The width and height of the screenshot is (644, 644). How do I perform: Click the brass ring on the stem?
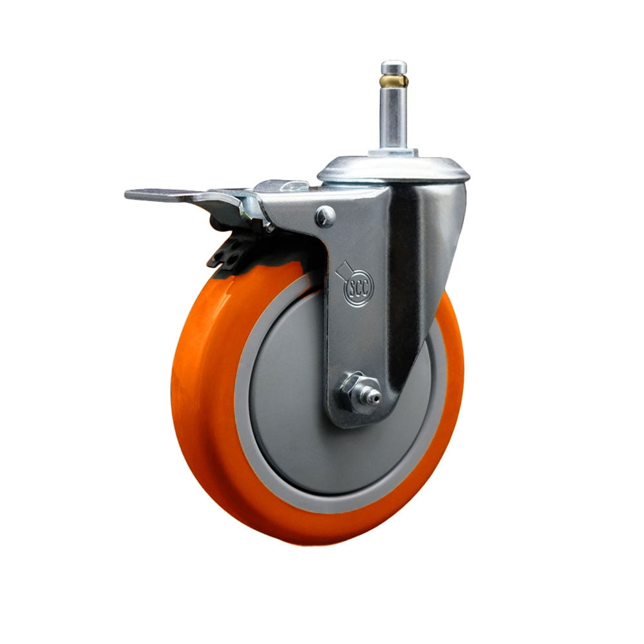(393, 80)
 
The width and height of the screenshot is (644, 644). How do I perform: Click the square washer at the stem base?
(393, 153)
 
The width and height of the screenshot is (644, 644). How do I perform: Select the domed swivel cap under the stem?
(393, 169)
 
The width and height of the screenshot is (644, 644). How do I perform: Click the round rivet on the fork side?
(325, 216)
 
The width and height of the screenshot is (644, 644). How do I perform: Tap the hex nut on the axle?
(351, 386)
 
